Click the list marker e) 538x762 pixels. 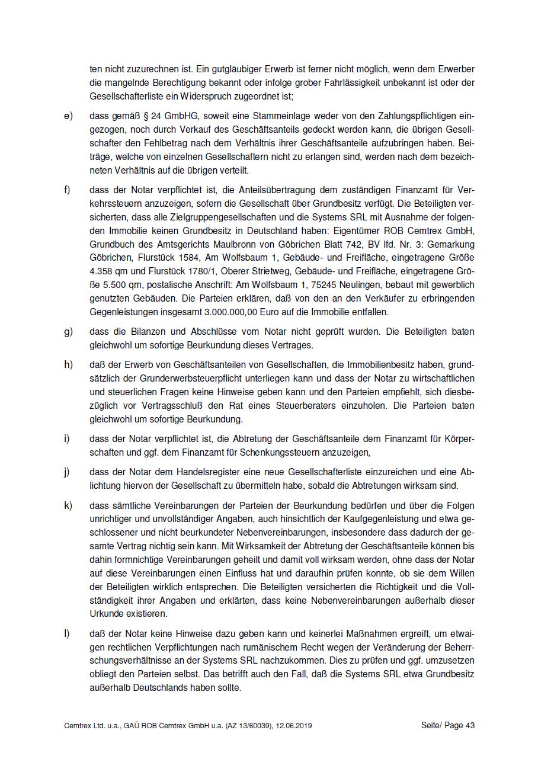click(68, 116)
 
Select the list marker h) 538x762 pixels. click(68, 364)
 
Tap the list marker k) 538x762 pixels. click(68, 505)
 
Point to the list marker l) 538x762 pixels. click(67, 633)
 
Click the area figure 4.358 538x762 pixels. click(103, 271)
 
